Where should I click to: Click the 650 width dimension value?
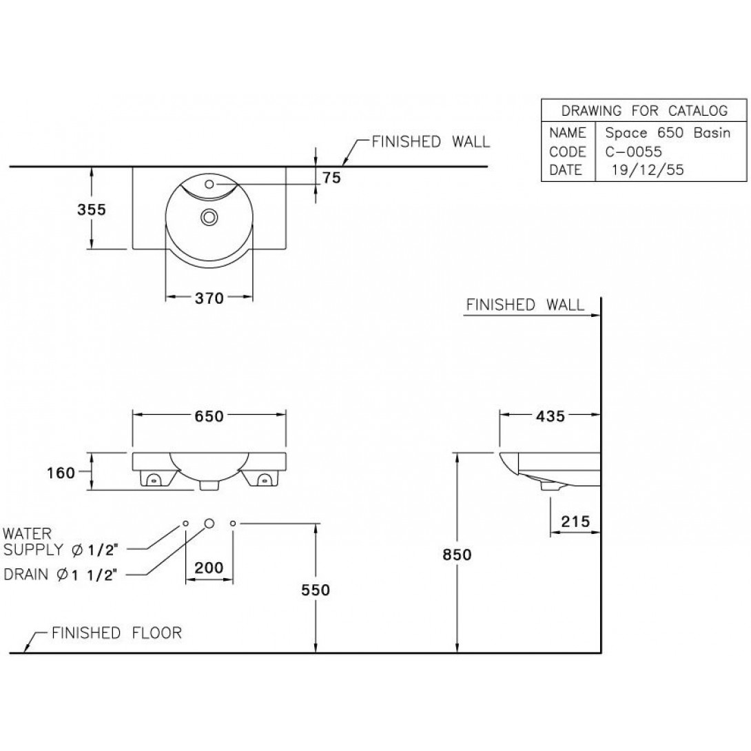[x=209, y=416]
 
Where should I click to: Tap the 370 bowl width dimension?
[x=209, y=298]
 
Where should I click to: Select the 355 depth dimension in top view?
[x=92, y=209]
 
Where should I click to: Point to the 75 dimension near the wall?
[x=331, y=178]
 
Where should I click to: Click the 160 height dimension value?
[x=61, y=473]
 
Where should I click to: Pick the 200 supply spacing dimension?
[x=209, y=568]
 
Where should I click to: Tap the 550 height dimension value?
[x=316, y=590]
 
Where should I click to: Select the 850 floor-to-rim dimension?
[x=457, y=555]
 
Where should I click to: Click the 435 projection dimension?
[x=551, y=416]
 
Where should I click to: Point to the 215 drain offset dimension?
[x=575, y=521]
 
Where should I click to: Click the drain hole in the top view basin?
[x=209, y=218]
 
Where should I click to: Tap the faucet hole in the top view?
[x=209, y=183]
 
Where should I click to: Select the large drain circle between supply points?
[x=209, y=524]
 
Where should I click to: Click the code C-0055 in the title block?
[x=633, y=152]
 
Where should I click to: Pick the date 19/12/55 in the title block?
[x=648, y=170]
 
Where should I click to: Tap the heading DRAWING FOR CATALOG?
[x=644, y=111]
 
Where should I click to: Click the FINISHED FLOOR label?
[x=117, y=632]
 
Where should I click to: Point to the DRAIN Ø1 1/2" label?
[x=60, y=574]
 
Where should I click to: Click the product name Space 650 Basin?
[x=668, y=133]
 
